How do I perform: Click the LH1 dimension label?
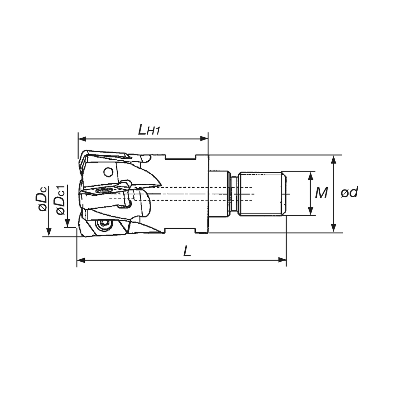pyautogui.click(x=149, y=130)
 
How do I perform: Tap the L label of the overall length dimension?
pyautogui.click(x=187, y=251)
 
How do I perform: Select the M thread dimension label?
pyautogui.click(x=321, y=192)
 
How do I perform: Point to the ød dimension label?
pyautogui.click(x=349, y=192)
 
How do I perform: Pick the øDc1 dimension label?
pyautogui.click(x=61, y=200)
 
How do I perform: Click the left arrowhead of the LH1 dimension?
pyautogui.click(x=82, y=139)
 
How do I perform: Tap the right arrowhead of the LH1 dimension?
pyautogui.click(x=204, y=139)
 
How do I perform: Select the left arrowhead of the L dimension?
pyautogui.click(x=81, y=260)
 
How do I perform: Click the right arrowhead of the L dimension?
pyautogui.click(x=282, y=260)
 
